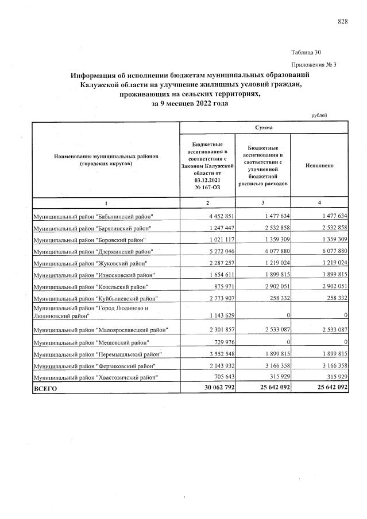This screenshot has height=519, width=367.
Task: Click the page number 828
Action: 342,21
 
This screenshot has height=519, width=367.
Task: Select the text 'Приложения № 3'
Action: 314,64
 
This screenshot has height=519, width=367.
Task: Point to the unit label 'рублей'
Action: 319,115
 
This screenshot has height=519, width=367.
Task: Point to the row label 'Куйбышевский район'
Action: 95,298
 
